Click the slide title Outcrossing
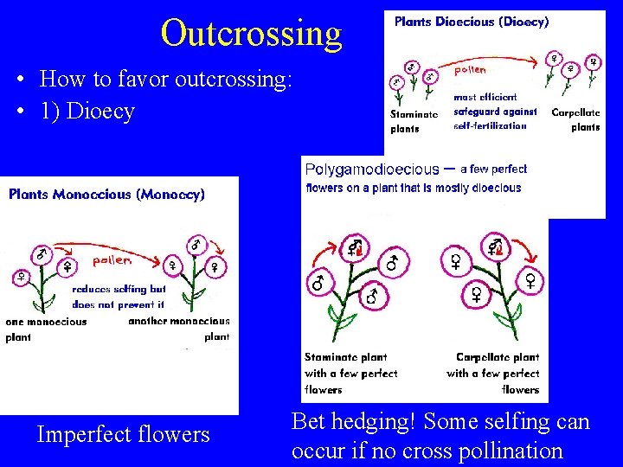click(x=251, y=34)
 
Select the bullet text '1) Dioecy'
click(x=87, y=112)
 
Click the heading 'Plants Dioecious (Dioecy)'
click(x=472, y=22)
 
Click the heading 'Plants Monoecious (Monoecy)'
click(x=106, y=195)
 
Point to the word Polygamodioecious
click(x=372, y=170)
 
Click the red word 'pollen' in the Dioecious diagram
click(x=471, y=69)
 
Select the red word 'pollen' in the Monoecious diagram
click(x=112, y=259)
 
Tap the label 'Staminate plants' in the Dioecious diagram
click(x=414, y=121)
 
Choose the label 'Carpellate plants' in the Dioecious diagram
click(x=575, y=119)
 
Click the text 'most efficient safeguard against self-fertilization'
click(x=495, y=112)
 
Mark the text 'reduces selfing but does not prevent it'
click(x=119, y=297)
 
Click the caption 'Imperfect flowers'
click(x=123, y=434)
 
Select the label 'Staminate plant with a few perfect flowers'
click(x=350, y=373)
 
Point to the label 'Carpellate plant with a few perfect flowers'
click(x=494, y=373)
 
